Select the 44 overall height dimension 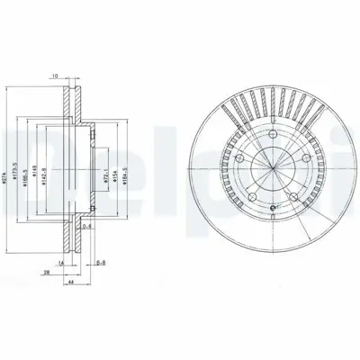[70, 282]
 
